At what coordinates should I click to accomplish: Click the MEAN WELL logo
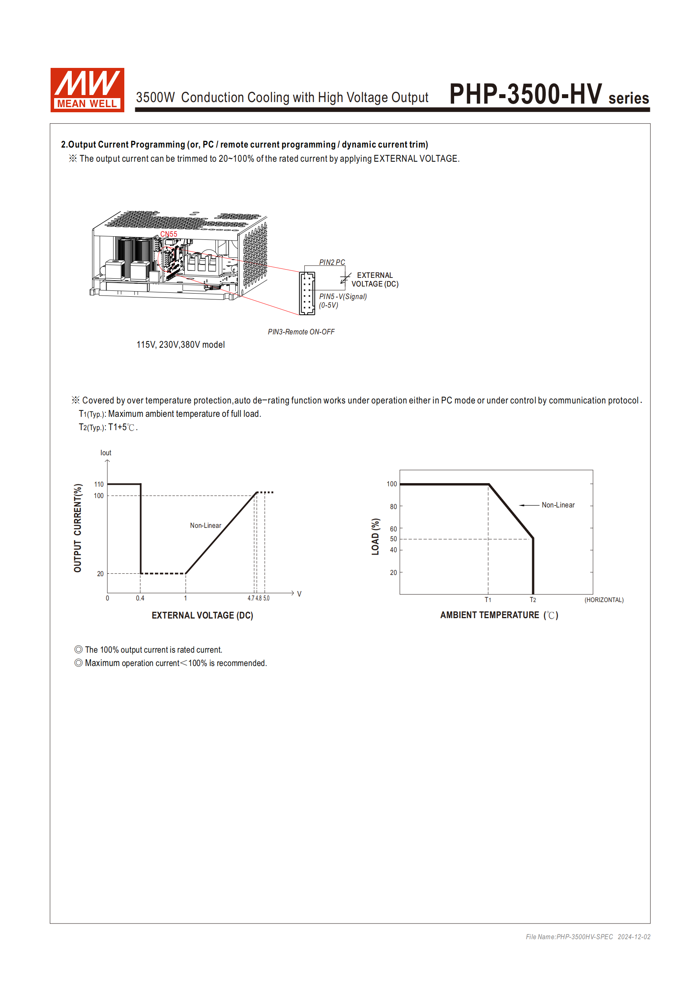coord(87,90)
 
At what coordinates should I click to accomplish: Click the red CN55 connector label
coord(169,234)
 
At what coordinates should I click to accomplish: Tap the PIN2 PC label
coord(332,262)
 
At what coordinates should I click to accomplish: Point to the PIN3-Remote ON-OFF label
coord(301,332)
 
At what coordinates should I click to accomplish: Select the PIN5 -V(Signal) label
coord(343,297)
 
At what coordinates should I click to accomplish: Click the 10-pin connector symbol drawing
coord(307,293)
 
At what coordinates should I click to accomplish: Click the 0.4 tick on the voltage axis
coord(140,598)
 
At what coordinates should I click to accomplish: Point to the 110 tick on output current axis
coord(99,484)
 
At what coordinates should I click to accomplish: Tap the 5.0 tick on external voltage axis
coord(266,598)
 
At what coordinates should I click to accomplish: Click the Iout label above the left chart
coord(105,453)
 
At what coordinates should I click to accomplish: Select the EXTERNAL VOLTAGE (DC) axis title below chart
coord(202,615)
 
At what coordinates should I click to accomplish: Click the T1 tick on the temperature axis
coord(488,600)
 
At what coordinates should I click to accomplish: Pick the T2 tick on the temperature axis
coord(533,600)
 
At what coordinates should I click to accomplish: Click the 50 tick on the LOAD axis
coord(393,538)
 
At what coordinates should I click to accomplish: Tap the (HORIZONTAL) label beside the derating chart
coord(604,600)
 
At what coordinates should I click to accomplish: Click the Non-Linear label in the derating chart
coord(558,505)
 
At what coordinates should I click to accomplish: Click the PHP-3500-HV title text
coord(525,94)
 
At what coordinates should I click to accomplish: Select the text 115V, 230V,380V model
coord(180,345)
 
